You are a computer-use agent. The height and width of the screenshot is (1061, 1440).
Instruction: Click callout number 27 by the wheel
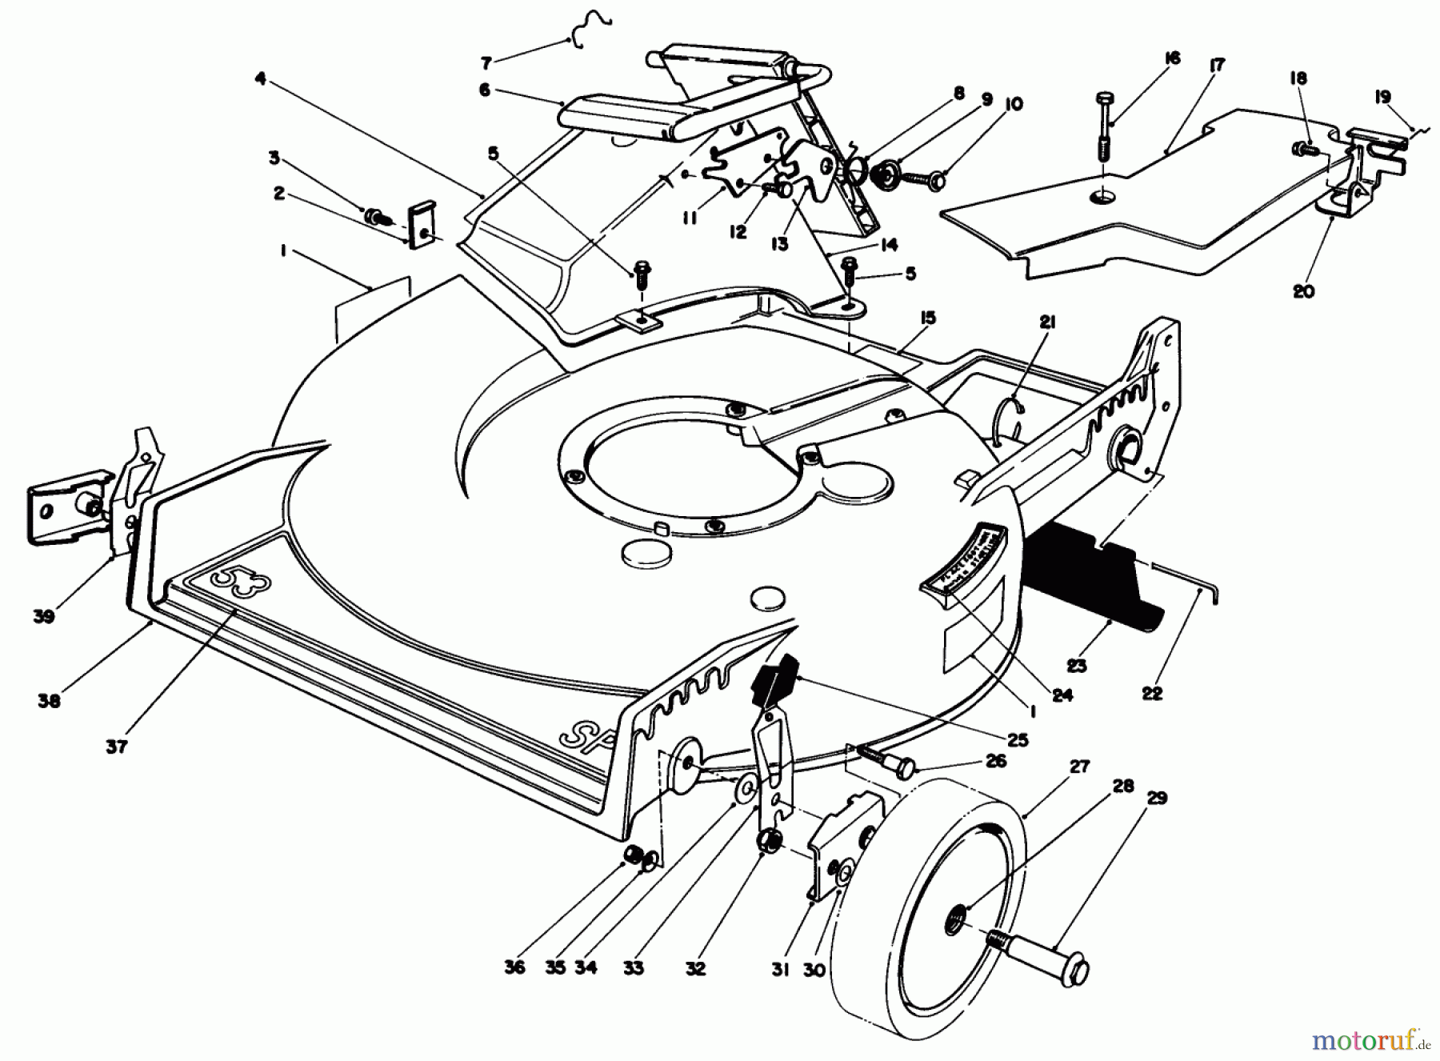(1079, 767)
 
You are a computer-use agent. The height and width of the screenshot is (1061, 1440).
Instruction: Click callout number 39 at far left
(44, 616)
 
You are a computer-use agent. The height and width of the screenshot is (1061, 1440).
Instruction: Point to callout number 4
(260, 78)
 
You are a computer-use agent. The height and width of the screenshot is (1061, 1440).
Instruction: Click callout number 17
(1218, 66)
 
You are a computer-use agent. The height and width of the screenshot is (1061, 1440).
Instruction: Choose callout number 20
(1303, 292)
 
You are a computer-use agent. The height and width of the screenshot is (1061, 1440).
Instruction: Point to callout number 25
(1018, 740)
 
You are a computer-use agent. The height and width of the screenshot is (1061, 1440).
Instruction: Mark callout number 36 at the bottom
(514, 968)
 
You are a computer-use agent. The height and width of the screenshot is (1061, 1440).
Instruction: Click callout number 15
(927, 318)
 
